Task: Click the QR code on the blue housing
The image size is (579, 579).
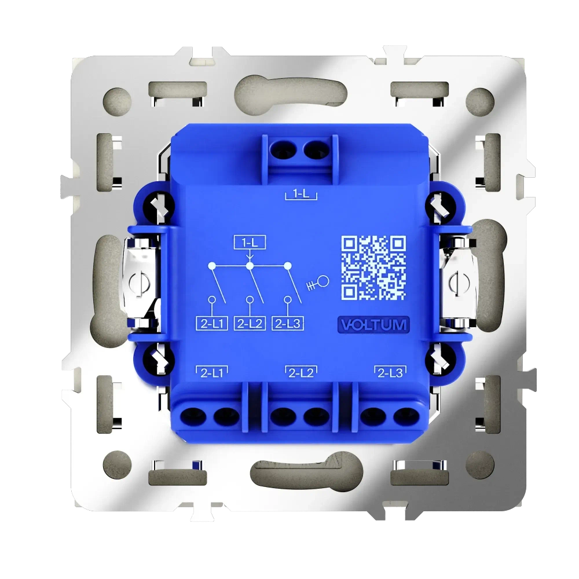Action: point(373,267)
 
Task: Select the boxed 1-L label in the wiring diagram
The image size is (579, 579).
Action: point(250,243)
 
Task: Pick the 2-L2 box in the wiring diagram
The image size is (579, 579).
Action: point(250,323)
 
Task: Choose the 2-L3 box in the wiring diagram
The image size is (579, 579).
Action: point(288,323)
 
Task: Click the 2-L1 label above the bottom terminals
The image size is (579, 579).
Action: point(212,373)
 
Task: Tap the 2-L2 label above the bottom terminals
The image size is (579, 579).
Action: point(300,373)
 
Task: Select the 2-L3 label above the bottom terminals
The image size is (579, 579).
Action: point(389,373)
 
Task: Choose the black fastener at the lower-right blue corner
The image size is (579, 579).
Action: point(438,362)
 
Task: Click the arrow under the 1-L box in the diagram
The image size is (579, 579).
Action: point(250,256)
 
